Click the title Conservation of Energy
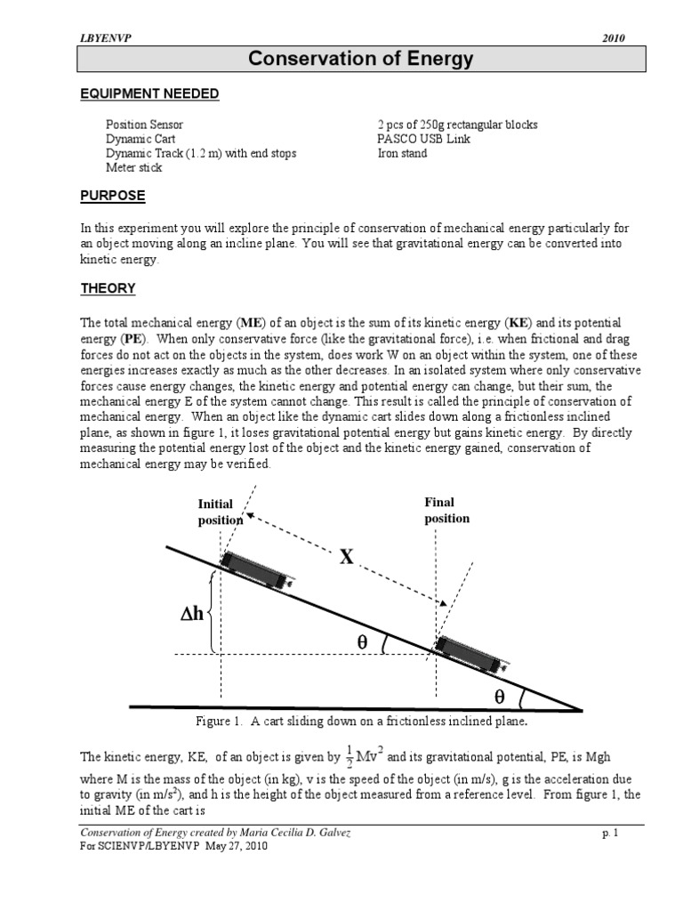(360, 60)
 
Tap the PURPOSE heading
(113, 195)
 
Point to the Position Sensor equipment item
(144, 125)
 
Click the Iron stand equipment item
(402, 153)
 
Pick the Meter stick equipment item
(133, 167)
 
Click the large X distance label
(346, 557)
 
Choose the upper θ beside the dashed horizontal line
(362, 641)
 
